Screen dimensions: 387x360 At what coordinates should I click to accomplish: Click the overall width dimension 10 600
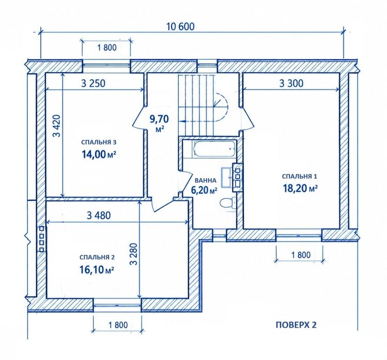pyautogui.click(x=180, y=26)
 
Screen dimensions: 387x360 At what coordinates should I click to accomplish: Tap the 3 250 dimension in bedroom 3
pyautogui.click(x=93, y=83)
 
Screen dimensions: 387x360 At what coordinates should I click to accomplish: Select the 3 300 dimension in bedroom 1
pyautogui.click(x=291, y=83)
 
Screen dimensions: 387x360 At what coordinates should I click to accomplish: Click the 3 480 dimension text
pyautogui.click(x=99, y=216)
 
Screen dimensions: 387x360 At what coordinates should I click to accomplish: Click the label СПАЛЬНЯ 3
pyautogui.click(x=99, y=142)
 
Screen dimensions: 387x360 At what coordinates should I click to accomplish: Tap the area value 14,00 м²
pyautogui.click(x=99, y=155)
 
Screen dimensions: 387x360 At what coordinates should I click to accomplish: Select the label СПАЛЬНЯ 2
pyautogui.click(x=97, y=258)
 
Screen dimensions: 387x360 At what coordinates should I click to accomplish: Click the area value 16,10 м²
pyautogui.click(x=96, y=270)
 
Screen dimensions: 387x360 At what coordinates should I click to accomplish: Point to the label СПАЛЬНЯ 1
pyautogui.click(x=299, y=177)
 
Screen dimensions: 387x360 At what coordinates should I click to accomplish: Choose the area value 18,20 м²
pyautogui.click(x=300, y=188)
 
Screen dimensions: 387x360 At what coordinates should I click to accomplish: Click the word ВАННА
pyautogui.click(x=205, y=180)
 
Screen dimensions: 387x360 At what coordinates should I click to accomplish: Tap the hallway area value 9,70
pyautogui.click(x=159, y=119)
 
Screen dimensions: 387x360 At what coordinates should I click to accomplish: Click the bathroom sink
pyautogui.click(x=227, y=177)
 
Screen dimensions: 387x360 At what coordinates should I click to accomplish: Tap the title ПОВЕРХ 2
pyautogui.click(x=296, y=324)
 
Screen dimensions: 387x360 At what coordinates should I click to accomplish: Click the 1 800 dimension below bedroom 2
pyautogui.click(x=118, y=325)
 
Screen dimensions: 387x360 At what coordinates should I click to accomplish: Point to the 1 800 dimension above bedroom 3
pyautogui.click(x=107, y=47)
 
